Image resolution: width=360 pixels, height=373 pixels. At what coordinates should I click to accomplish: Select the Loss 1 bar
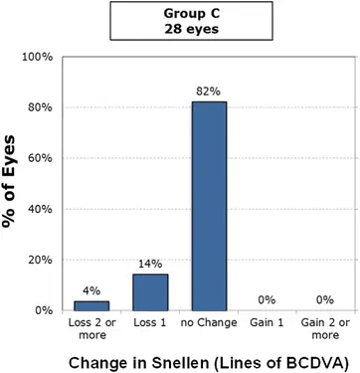[151, 292]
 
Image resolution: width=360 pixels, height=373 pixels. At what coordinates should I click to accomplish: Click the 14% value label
[151, 265]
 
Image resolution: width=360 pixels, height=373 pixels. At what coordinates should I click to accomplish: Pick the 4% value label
[90, 290]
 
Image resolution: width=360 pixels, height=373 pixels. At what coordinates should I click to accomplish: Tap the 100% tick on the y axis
[37, 57]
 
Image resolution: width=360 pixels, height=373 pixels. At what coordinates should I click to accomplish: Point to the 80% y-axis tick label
[40, 107]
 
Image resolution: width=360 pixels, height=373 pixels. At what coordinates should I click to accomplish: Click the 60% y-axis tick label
[40, 158]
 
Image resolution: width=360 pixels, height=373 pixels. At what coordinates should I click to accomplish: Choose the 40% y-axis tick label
[40, 209]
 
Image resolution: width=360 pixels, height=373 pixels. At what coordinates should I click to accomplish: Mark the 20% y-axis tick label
[40, 260]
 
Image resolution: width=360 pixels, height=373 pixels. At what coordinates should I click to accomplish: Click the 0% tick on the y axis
[44, 310]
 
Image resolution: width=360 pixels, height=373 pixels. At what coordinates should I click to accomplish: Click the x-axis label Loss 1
[151, 323]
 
